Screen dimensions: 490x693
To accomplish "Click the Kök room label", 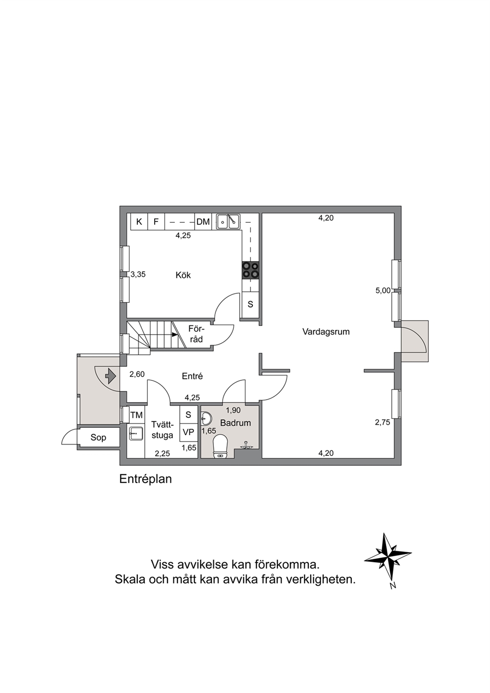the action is coord(183,275).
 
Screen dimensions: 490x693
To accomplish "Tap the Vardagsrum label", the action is coord(326,332).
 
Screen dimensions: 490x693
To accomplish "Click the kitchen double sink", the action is coord(228,221).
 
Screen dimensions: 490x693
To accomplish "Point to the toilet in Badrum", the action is coord(221,446).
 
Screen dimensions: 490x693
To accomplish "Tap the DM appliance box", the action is coord(203,221).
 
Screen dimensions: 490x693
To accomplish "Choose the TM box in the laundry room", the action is coord(136,415).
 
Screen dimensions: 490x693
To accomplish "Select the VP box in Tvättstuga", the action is coord(188,432).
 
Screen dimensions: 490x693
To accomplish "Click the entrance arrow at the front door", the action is coord(111,376).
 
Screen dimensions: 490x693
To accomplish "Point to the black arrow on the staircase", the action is coord(175,334).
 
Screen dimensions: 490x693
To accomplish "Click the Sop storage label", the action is coord(98,438).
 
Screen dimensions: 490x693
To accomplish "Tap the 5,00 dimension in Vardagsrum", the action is coord(383,290).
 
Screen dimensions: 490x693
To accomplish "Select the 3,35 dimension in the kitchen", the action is coord(138,274).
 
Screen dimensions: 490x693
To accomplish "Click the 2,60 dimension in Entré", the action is coord(137,374).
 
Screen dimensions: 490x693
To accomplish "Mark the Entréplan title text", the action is coord(146,479).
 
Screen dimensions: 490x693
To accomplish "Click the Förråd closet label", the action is coord(196,334).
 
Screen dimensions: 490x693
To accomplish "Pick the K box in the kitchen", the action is coord(139,221).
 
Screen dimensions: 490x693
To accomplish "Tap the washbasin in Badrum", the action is coord(206,419).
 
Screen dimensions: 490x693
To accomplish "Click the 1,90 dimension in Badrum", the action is coord(233,410).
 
